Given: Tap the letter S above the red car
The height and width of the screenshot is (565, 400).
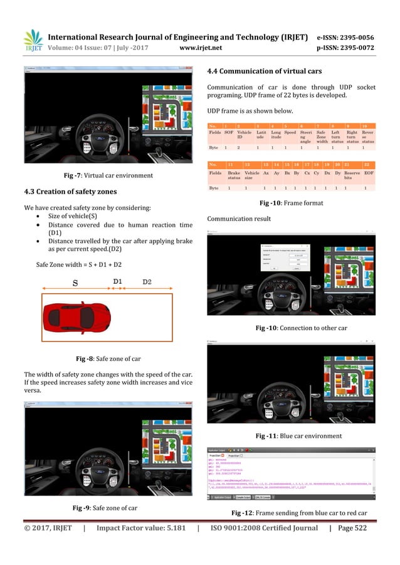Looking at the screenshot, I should tap(75, 282).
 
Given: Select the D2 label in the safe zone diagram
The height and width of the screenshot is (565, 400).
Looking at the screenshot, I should tap(147, 281).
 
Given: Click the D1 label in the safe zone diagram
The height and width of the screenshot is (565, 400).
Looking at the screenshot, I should tap(117, 281).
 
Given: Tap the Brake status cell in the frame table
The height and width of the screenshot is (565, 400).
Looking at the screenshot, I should tap(233, 175).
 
